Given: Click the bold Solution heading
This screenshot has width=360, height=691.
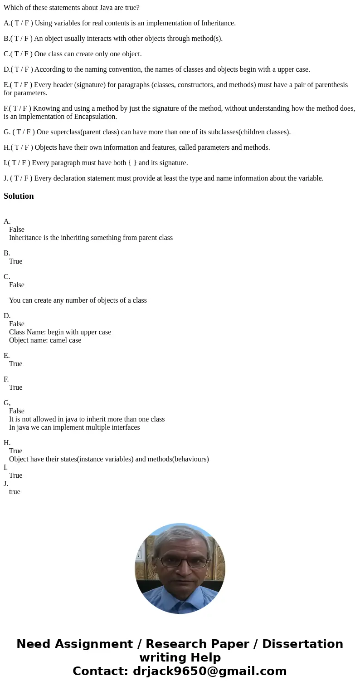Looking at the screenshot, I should click(x=19, y=196).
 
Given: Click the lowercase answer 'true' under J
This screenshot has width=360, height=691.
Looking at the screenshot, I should click(x=15, y=492).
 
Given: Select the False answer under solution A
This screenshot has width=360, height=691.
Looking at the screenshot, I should click(x=17, y=230).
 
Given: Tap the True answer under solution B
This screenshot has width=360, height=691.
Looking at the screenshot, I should click(x=15, y=261).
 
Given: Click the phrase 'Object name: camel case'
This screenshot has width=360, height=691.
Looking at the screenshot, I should click(x=45, y=340).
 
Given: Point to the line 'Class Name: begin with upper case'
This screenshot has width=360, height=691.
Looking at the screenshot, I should click(x=60, y=332).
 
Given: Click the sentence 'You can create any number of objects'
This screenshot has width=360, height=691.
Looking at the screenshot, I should click(x=78, y=300).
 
